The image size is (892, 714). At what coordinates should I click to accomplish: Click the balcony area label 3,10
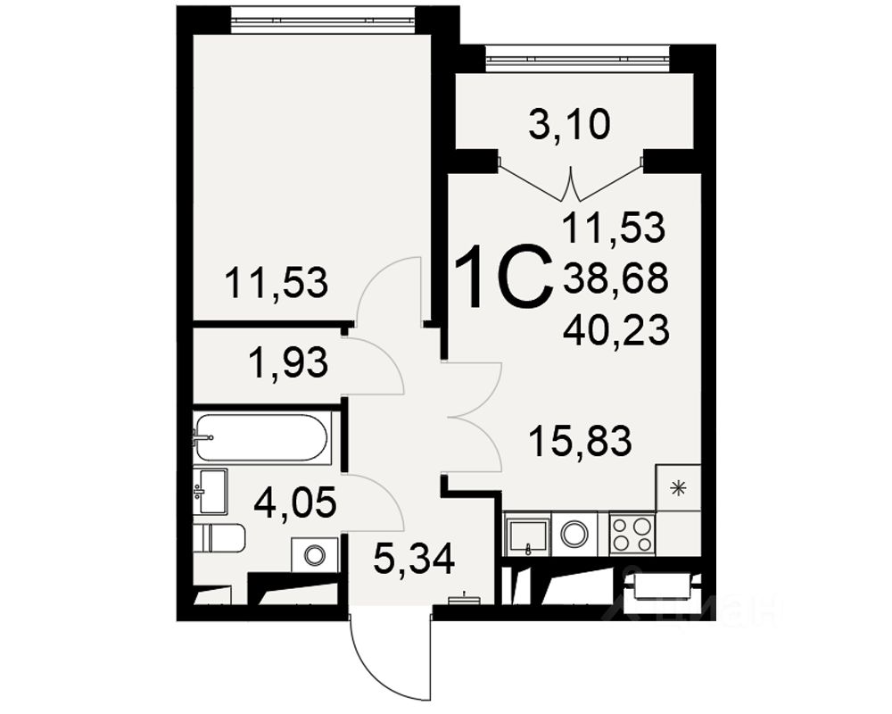click(569, 125)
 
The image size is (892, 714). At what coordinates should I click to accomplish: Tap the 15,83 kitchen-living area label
click(580, 440)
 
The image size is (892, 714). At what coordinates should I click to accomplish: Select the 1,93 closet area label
click(288, 363)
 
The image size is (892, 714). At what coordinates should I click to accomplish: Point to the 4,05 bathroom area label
click(294, 503)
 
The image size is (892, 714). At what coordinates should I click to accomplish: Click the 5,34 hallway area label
click(414, 560)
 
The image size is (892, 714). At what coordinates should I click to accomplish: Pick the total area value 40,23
click(615, 332)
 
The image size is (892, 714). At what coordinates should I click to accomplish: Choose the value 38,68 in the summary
click(615, 281)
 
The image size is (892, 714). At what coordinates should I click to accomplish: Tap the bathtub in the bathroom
click(262, 437)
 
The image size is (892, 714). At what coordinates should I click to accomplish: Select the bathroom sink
click(211, 492)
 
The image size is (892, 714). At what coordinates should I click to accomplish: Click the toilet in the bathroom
click(219, 538)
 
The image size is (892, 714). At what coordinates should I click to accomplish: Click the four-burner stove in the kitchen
click(632, 534)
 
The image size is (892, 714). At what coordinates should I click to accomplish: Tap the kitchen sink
click(527, 535)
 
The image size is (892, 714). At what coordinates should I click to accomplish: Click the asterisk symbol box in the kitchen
click(678, 487)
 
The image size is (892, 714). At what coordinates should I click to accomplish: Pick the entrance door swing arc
click(375, 660)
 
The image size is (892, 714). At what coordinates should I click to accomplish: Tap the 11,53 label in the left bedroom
click(277, 283)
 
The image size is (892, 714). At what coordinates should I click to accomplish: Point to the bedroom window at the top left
click(323, 19)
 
